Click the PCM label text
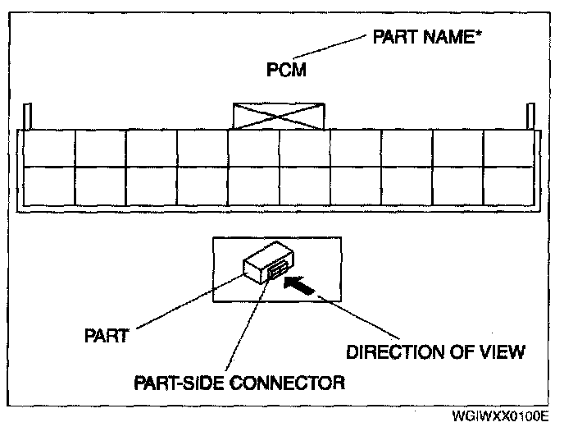pyautogui.click(x=287, y=71)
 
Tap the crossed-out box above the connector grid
pyautogui.click(x=279, y=116)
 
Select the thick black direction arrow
pyautogui.click(x=300, y=285)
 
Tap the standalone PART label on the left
pyautogui.click(x=107, y=337)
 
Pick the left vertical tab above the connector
pyautogui.click(x=27, y=116)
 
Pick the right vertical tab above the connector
pyautogui.click(x=531, y=116)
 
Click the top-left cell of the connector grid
pyautogui.click(x=48, y=148)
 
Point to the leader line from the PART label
pyautogui.click(x=189, y=304)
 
